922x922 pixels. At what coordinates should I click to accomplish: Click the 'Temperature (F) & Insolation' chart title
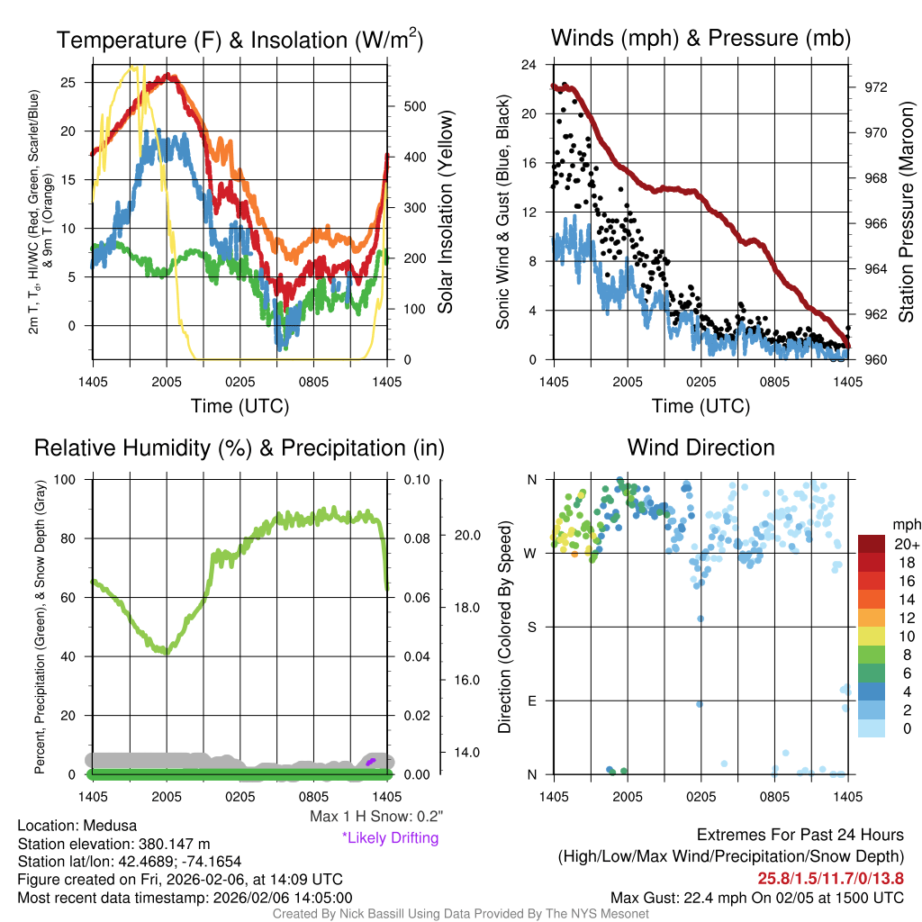point(240,40)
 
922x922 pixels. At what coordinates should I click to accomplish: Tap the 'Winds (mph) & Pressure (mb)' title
point(701,38)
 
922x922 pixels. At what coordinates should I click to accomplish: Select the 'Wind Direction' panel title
point(701,447)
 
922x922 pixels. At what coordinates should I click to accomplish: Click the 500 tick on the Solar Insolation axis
point(414,106)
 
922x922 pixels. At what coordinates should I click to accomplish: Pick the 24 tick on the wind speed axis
point(529,65)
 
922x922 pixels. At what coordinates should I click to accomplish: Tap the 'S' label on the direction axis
point(531,627)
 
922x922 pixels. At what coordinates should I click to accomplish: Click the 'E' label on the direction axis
point(531,701)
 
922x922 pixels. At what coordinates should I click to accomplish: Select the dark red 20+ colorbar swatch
point(872,544)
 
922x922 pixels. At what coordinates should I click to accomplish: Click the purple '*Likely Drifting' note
point(390,838)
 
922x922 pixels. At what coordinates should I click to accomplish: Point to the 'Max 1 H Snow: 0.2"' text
point(375,817)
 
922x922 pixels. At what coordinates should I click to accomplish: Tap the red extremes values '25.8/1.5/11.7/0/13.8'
point(829,878)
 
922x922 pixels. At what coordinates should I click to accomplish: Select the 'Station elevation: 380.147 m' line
point(113,844)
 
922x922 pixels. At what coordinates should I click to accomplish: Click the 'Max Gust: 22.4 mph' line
point(756,897)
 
